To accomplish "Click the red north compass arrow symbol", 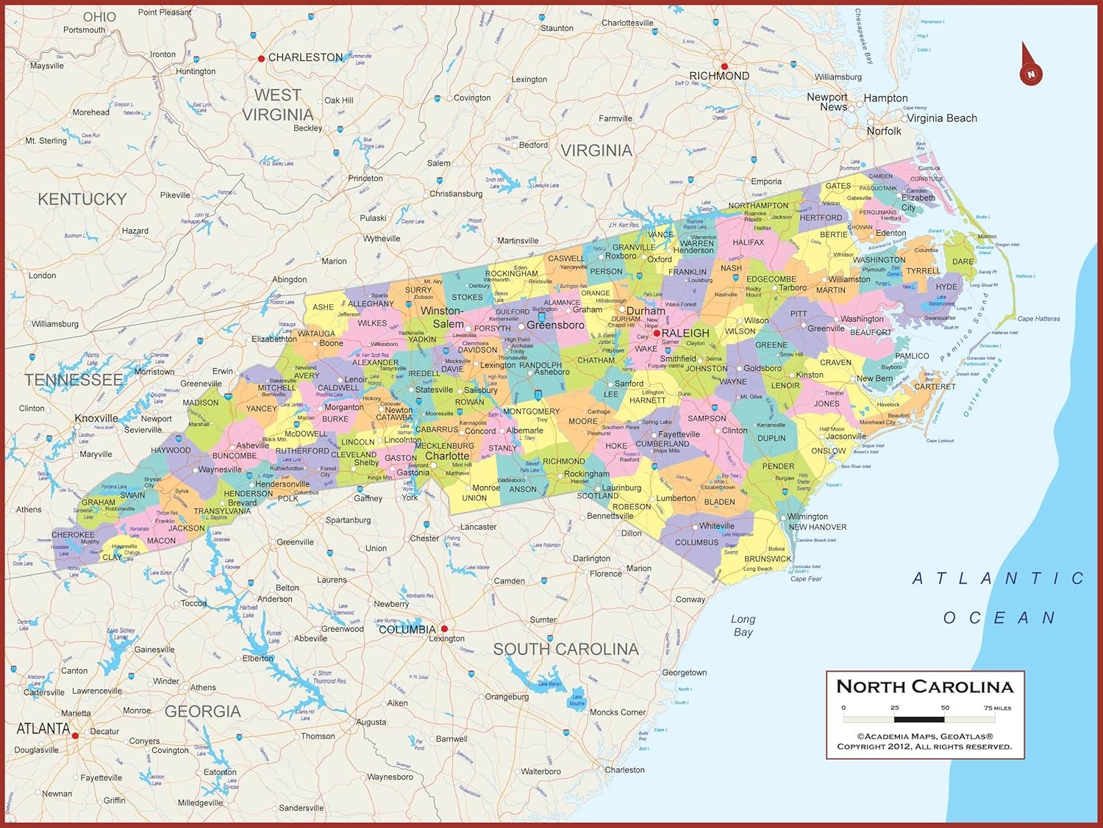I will point(1030,66).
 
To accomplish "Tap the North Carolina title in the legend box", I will point(924,687).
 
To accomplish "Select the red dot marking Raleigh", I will point(657,333).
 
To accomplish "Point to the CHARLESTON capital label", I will point(305,57).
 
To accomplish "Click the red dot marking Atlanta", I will point(75,735).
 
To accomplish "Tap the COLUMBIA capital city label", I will point(407,630).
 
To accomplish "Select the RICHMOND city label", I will point(718,76).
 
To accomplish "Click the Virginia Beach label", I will point(941,118).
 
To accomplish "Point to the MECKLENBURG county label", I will point(444,446).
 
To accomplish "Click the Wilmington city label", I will point(807,516).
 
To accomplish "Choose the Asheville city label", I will point(252,445).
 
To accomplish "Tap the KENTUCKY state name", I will point(82,199).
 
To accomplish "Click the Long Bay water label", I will point(743,625).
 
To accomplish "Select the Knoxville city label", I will point(96,418).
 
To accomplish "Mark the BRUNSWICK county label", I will point(768,558).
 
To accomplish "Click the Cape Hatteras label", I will point(1038,319).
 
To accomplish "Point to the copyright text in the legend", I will point(924,741).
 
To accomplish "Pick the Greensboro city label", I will point(555,325).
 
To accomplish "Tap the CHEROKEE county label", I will point(73,535).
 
